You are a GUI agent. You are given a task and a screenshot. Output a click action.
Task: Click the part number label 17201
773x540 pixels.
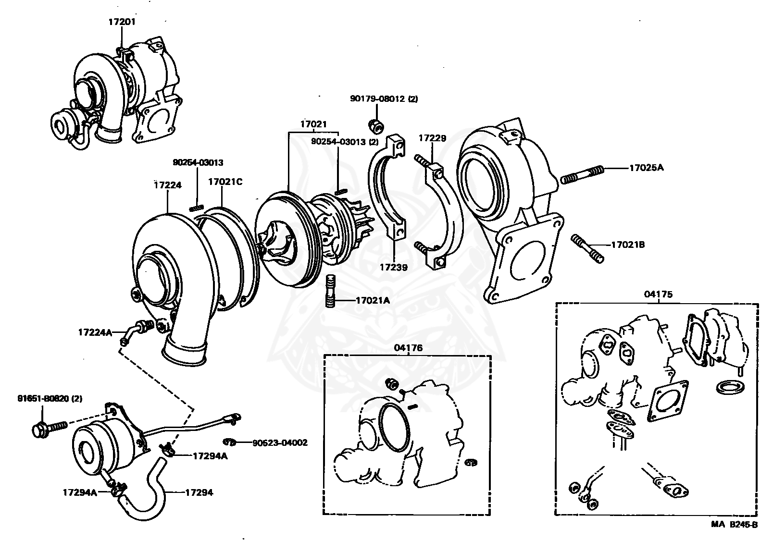point(122,22)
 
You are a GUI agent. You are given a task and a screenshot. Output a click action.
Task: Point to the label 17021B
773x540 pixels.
point(628,245)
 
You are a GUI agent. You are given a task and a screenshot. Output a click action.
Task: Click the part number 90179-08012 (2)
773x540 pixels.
point(384,99)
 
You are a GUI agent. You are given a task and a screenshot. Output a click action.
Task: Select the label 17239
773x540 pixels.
point(393,268)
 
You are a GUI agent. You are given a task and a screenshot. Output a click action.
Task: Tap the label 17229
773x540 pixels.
point(432,138)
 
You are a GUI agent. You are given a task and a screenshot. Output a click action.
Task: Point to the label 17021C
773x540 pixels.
point(225,182)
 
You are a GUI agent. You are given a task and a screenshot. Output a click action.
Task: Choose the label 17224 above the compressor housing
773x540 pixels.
point(168,184)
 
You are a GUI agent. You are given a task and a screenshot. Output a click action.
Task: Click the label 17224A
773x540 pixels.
point(95,332)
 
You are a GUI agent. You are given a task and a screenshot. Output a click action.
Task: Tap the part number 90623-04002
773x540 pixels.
point(280,442)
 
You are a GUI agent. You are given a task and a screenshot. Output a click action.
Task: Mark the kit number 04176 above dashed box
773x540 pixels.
point(408,347)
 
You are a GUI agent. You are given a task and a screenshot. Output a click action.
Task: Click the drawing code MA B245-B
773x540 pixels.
point(734,524)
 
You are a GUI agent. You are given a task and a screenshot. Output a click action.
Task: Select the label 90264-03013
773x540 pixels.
point(198,163)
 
